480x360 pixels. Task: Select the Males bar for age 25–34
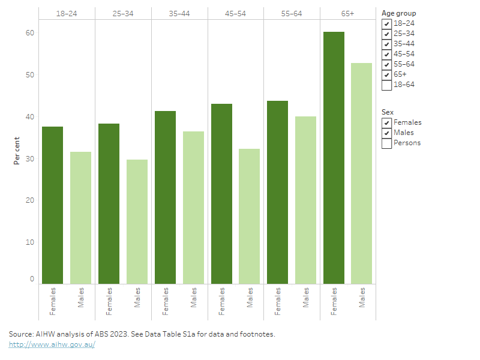137,221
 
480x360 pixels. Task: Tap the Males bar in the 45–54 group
249,216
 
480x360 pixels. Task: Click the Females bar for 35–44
165,197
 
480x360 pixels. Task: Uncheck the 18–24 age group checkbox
386,23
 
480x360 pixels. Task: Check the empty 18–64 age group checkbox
386,85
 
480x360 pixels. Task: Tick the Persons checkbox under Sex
386,143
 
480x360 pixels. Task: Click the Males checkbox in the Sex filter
386,133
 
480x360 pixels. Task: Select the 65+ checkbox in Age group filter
386,74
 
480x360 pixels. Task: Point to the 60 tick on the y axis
30,33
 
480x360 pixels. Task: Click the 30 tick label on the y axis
30,159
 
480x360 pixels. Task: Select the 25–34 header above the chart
123,13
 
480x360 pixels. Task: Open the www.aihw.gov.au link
52,344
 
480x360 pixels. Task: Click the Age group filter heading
398,13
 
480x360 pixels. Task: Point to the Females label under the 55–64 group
278,301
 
